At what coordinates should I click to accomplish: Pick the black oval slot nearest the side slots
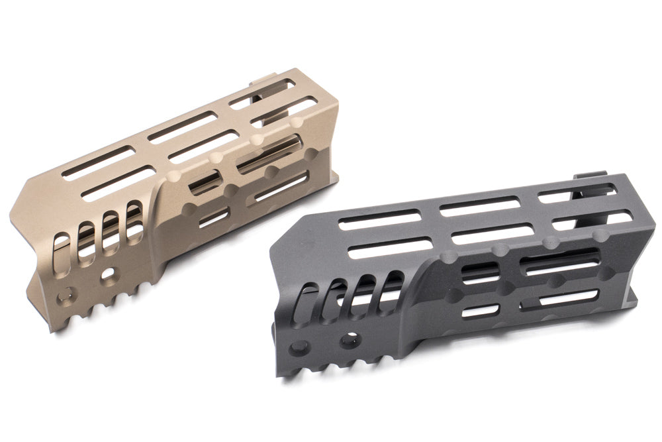395,284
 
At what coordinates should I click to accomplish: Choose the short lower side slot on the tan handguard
213,217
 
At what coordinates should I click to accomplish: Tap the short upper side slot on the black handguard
481,272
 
